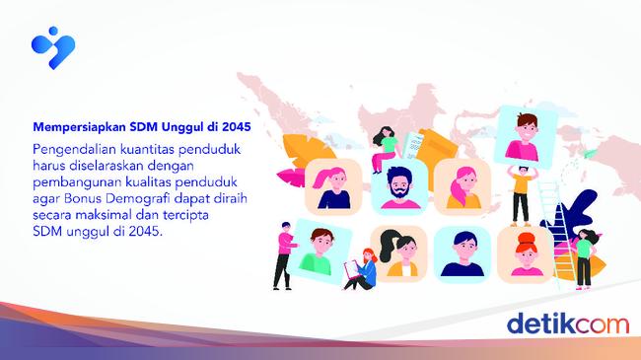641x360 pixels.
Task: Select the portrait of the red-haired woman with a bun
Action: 525,251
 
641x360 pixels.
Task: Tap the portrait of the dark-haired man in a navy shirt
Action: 461,252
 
